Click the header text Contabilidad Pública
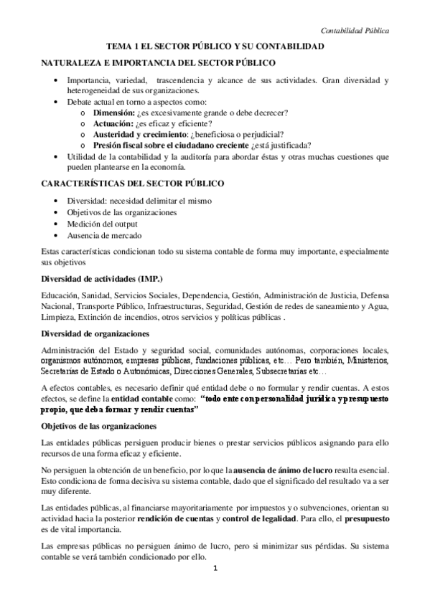(x=355, y=32)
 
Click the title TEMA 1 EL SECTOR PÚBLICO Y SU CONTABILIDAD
(x=215, y=46)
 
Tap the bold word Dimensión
(x=117, y=113)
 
